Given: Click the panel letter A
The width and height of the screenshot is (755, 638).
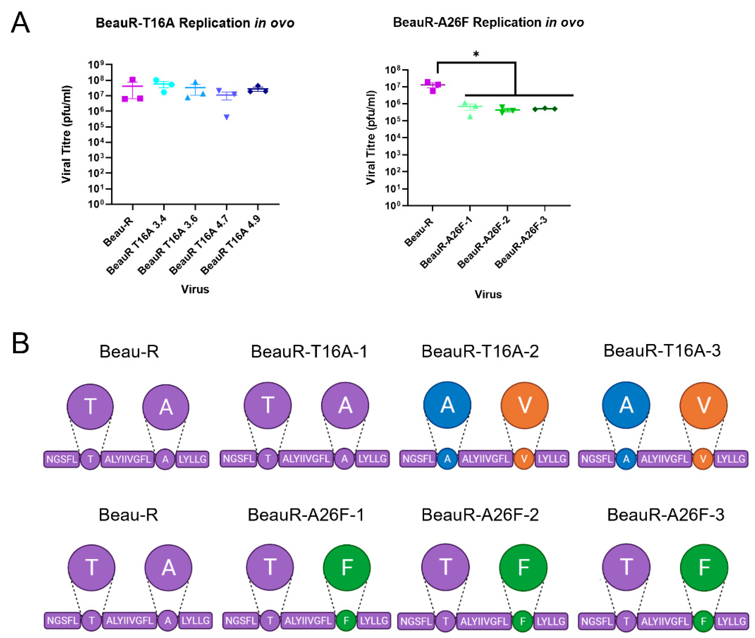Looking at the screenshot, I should tap(20, 23).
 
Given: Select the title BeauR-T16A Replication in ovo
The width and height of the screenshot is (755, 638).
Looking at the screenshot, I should tap(195, 23).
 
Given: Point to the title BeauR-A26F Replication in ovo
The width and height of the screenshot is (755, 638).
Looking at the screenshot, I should tap(488, 23).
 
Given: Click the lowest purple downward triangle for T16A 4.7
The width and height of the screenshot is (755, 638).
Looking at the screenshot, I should tap(227, 117).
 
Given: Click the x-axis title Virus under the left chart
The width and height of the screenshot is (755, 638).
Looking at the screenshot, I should tap(195, 289).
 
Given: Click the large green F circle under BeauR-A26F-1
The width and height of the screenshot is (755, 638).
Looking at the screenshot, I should tap(346, 567).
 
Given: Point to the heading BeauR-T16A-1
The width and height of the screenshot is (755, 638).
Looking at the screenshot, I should tap(309, 352).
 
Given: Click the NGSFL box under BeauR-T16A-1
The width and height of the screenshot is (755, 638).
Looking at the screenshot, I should tap(239, 459).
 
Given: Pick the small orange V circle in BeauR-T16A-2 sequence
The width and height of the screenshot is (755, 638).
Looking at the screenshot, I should tap(524, 459).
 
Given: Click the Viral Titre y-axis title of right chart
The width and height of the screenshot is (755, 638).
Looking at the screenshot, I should tap(371, 137).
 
